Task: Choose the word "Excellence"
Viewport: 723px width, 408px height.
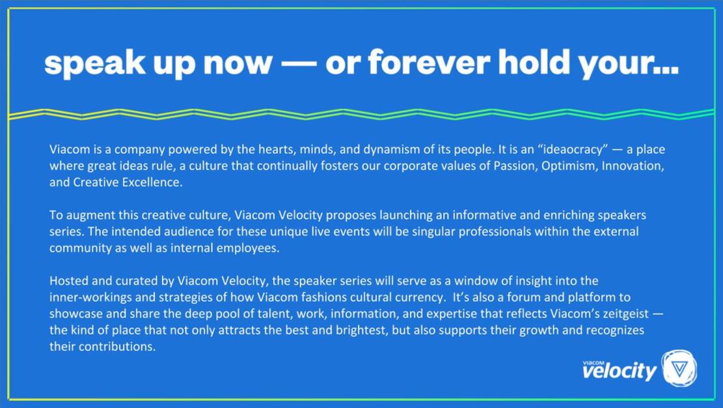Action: (154, 183)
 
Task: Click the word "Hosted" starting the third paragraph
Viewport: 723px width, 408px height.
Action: (66, 281)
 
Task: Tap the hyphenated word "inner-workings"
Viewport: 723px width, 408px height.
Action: (83, 298)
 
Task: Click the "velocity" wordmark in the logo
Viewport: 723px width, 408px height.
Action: (619, 372)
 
